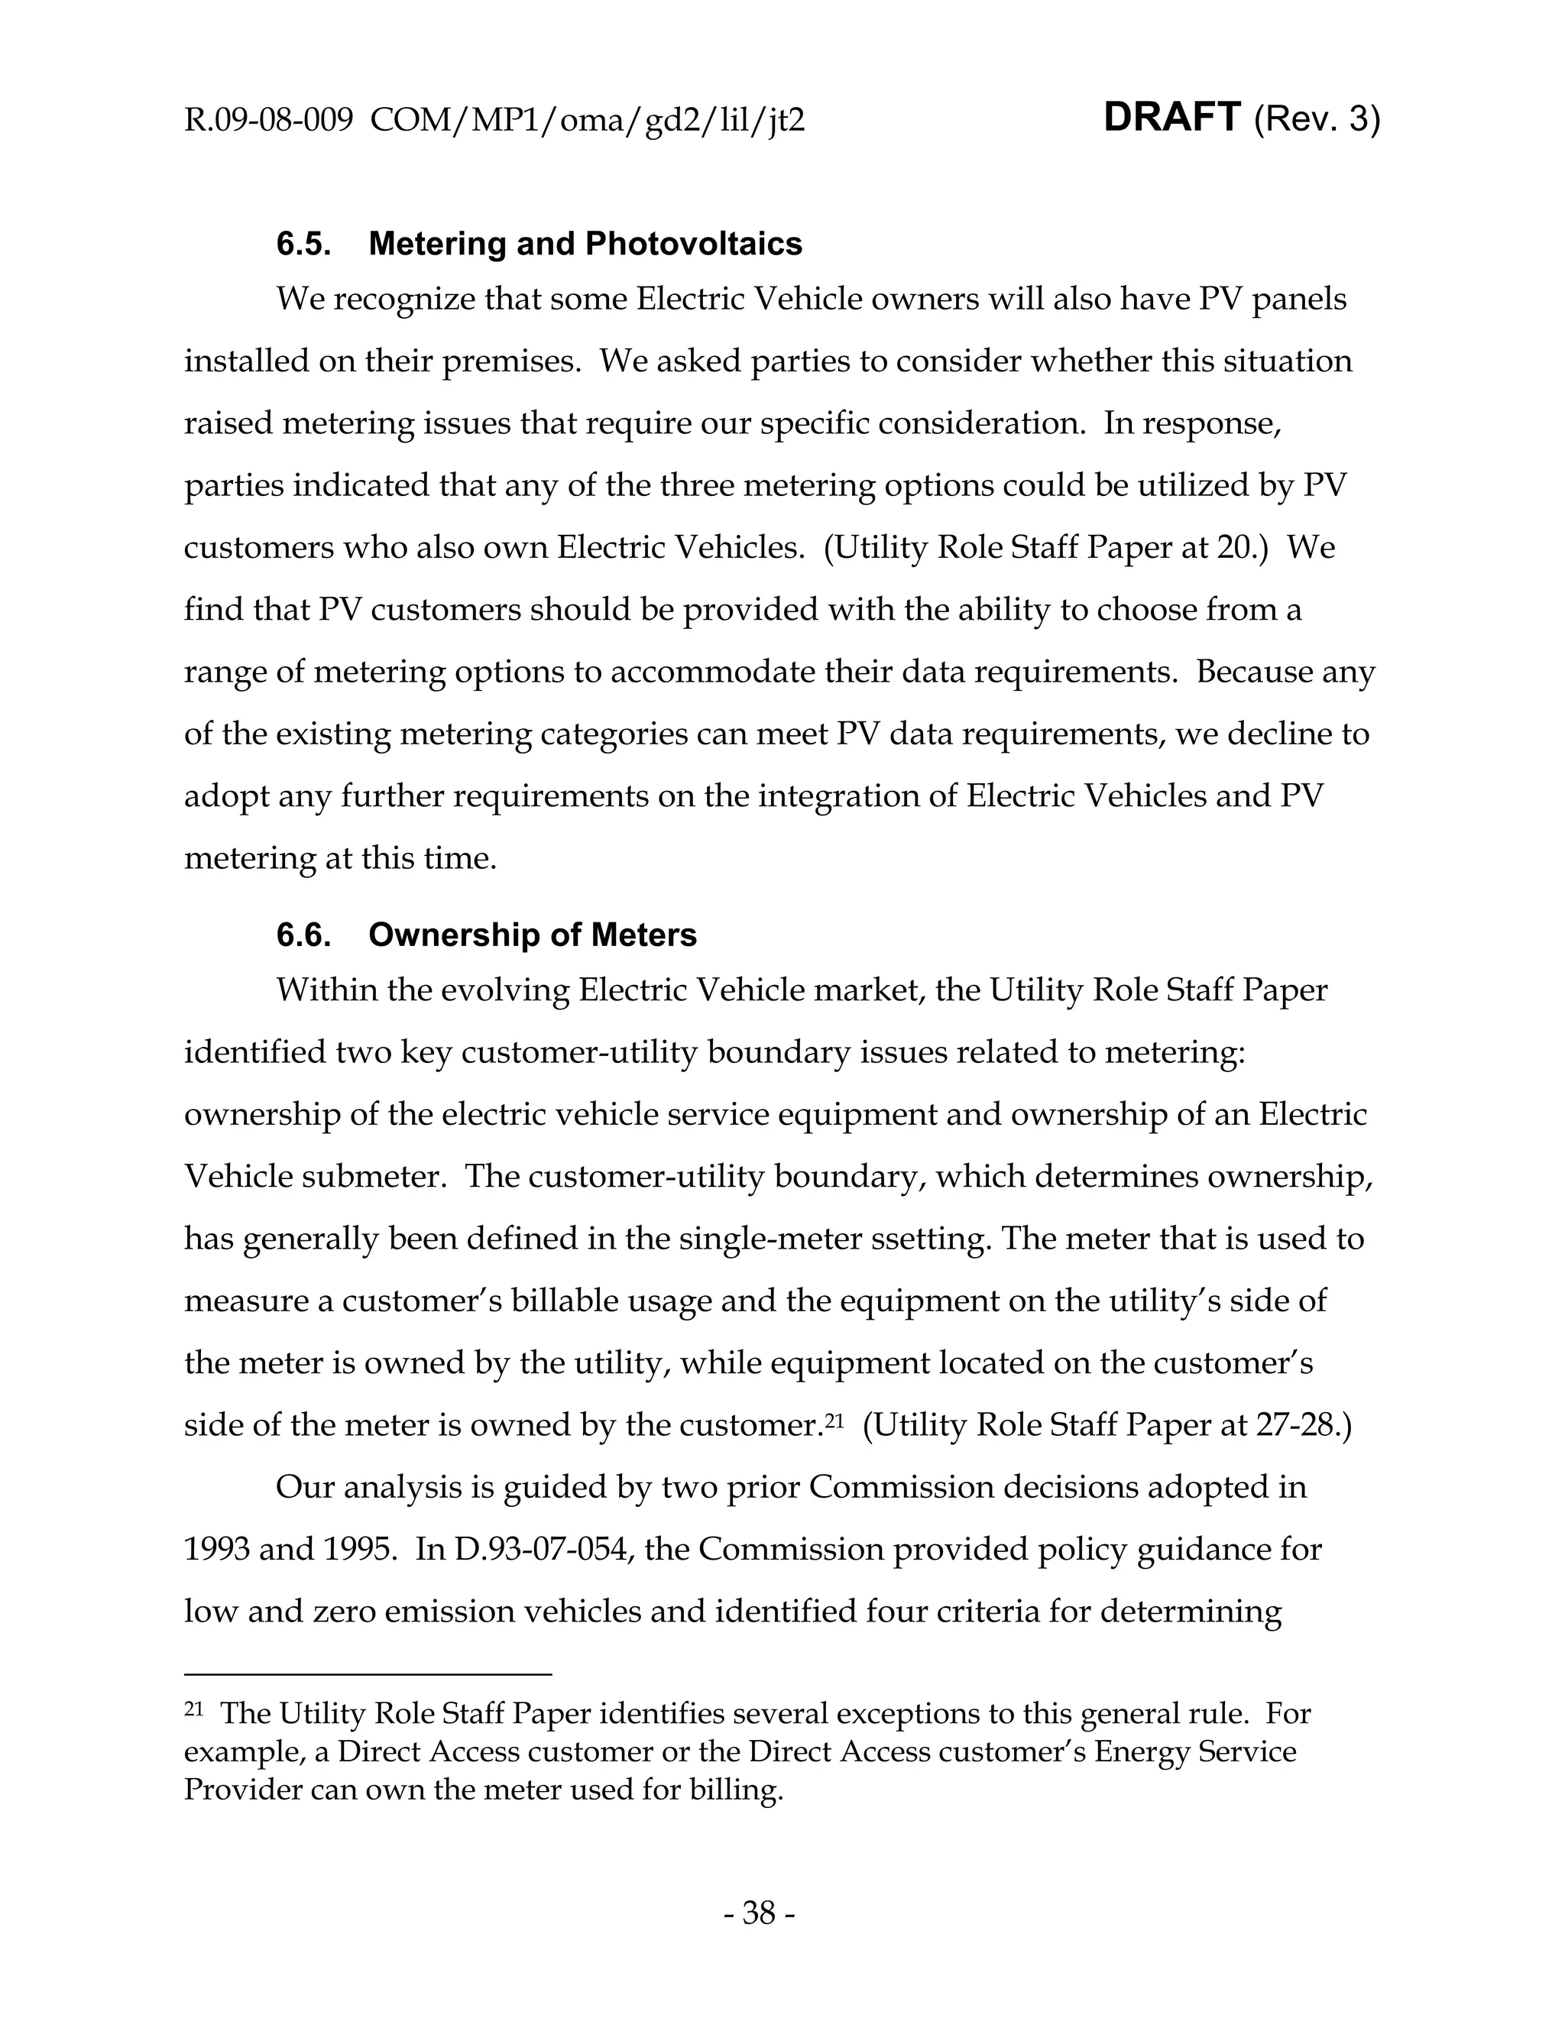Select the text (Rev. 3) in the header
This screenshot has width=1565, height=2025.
click(x=1316, y=120)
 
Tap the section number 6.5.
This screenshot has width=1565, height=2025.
click(x=303, y=244)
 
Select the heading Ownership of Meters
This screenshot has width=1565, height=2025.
click(x=532, y=935)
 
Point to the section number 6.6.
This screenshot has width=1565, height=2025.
click(x=303, y=935)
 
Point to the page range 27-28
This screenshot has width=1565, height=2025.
click(x=1298, y=1425)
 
